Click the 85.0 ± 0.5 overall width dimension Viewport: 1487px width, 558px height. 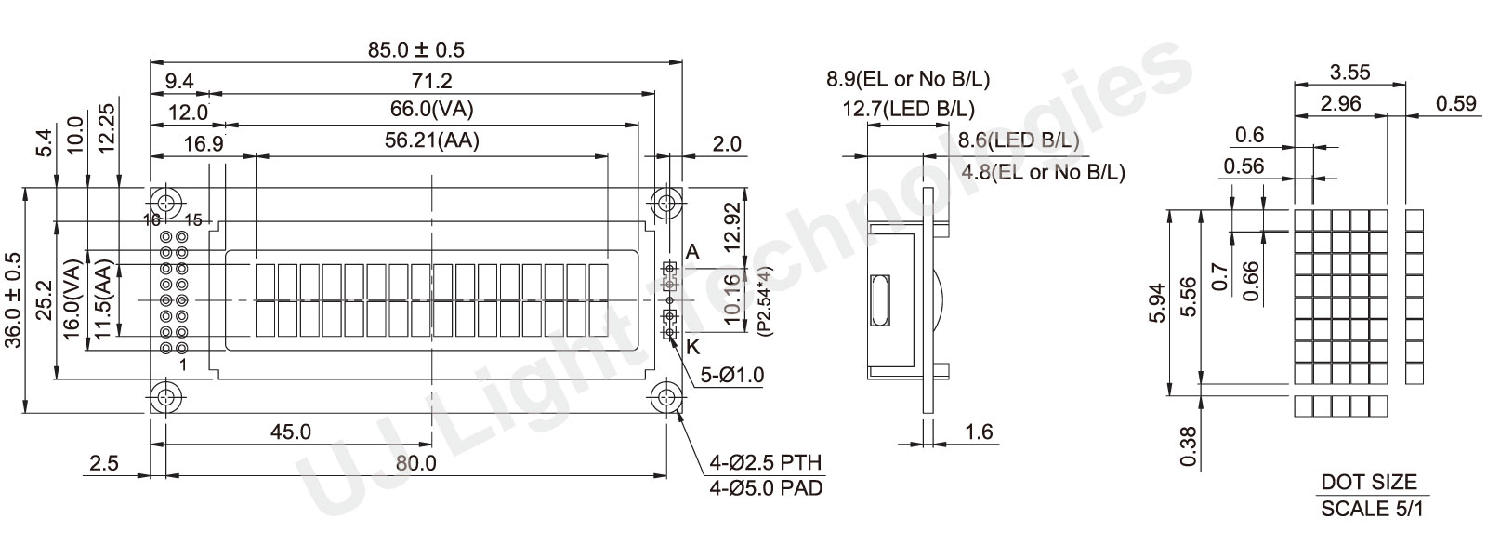click(x=416, y=50)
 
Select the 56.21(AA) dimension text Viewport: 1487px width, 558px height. click(x=431, y=140)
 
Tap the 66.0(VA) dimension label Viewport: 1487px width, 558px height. click(x=431, y=109)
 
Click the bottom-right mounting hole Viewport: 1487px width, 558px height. click(x=665, y=398)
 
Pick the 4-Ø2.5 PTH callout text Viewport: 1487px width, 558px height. click(x=766, y=461)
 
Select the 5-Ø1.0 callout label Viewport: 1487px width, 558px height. click(x=732, y=376)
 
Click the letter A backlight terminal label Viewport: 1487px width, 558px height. click(x=692, y=252)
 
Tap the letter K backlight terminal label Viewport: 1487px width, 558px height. click(x=692, y=347)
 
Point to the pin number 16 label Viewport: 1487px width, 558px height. click(x=152, y=219)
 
